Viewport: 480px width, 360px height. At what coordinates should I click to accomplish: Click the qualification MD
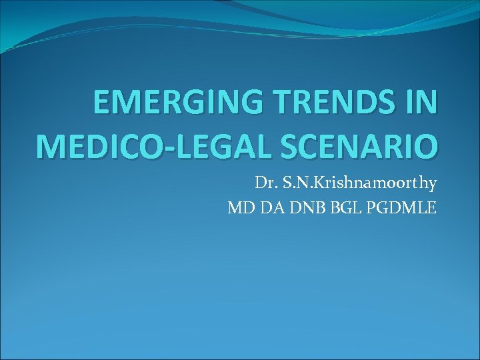[x=239, y=208]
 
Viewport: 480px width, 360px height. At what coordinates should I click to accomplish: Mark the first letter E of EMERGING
[x=102, y=104]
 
